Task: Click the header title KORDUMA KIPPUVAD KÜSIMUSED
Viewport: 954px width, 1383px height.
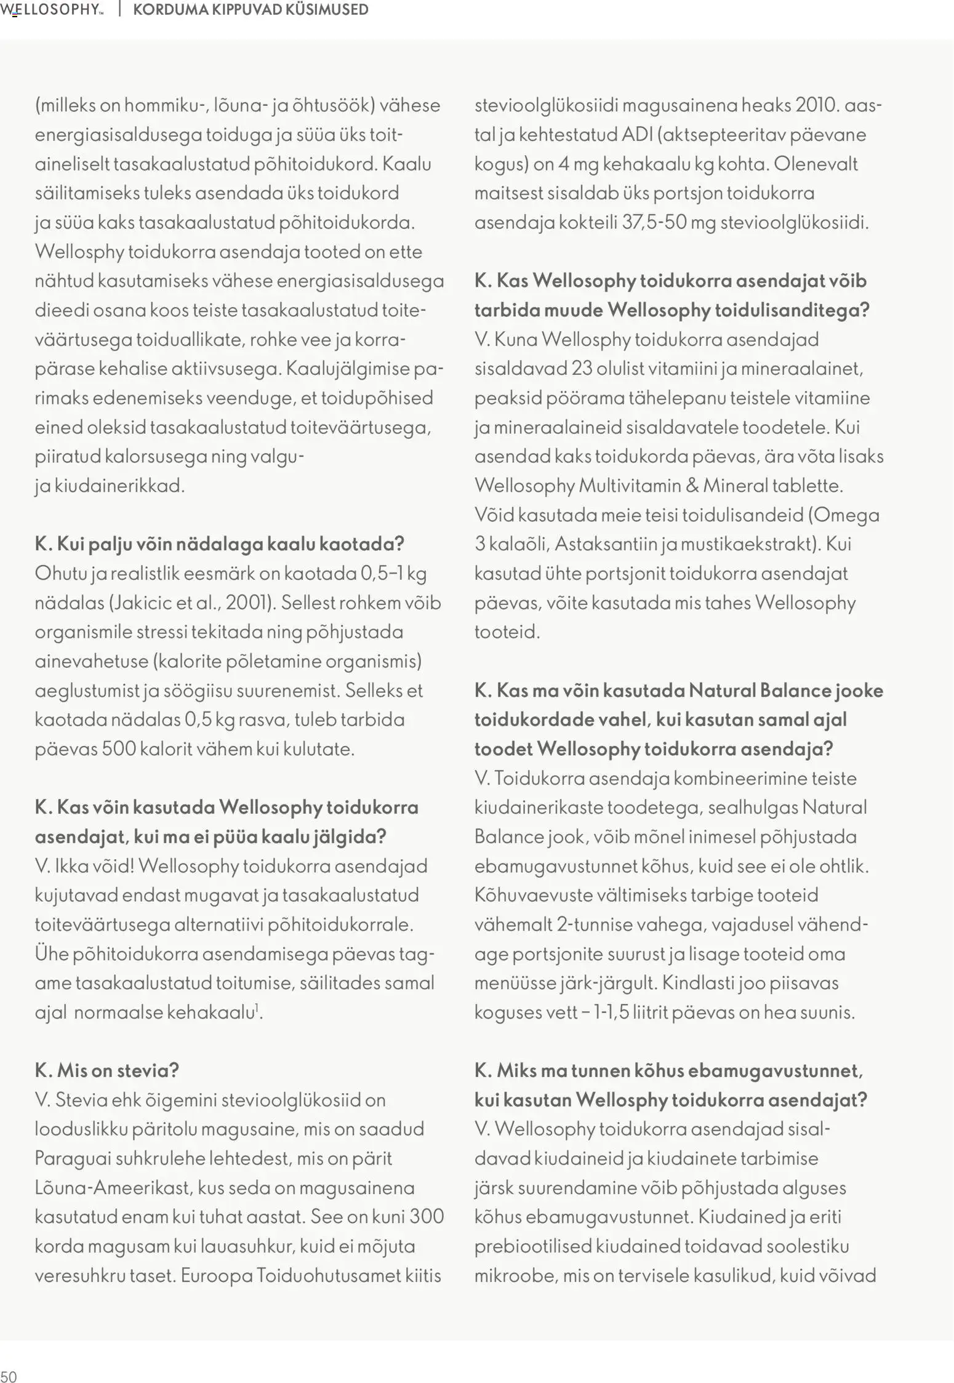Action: [251, 10]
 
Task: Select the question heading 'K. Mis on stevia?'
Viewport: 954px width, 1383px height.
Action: [106, 1070]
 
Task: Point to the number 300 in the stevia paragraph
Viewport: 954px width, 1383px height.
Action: [426, 1217]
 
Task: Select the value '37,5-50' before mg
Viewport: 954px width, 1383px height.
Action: [654, 222]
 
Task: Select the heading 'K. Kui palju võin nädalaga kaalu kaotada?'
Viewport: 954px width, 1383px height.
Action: [219, 544]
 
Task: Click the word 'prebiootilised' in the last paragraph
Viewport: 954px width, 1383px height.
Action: [532, 1246]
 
